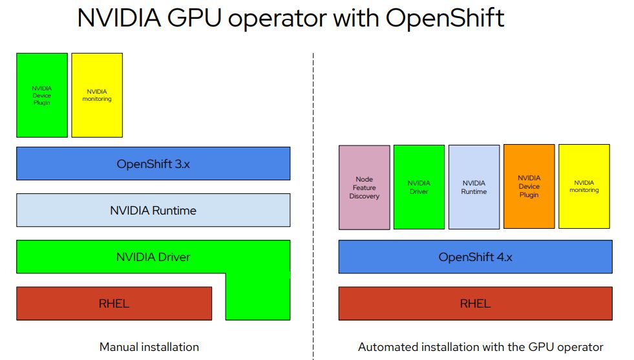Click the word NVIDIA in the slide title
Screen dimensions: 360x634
click(118, 18)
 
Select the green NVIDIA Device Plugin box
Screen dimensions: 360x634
click(42, 95)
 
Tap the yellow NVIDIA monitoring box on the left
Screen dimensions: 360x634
click(97, 95)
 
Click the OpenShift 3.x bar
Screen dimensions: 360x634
click(153, 164)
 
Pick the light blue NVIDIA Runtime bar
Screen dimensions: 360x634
click(153, 210)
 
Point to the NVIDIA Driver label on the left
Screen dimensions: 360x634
click(153, 257)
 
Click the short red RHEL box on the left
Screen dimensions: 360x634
click(114, 303)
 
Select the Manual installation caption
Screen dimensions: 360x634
click(149, 347)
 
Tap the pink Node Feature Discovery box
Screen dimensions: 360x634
click(365, 187)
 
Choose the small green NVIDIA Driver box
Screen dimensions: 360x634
click(419, 187)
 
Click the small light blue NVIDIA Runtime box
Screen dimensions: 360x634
click(474, 187)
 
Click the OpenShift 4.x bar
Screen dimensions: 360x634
click(475, 257)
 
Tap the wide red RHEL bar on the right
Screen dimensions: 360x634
click(475, 303)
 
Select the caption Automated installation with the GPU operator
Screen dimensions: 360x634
click(480, 347)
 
